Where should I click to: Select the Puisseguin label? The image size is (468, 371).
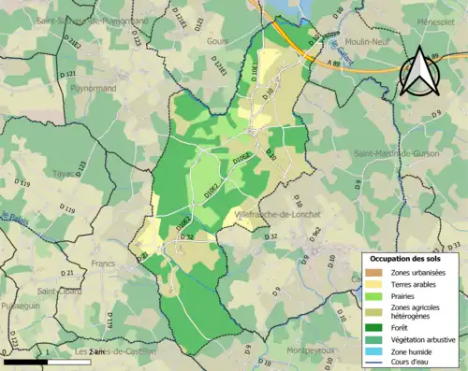(21, 304)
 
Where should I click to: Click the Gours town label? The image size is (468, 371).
(217, 41)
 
